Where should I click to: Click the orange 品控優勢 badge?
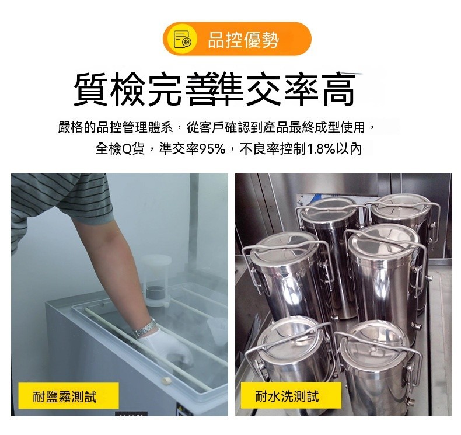(237, 39)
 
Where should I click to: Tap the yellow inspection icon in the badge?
(182, 39)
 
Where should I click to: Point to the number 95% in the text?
(212, 149)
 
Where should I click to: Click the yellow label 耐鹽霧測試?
(68, 396)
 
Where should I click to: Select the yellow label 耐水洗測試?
(291, 396)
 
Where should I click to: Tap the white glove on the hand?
(166, 348)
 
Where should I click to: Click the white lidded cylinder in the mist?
(156, 280)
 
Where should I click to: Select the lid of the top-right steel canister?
(400, 207)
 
